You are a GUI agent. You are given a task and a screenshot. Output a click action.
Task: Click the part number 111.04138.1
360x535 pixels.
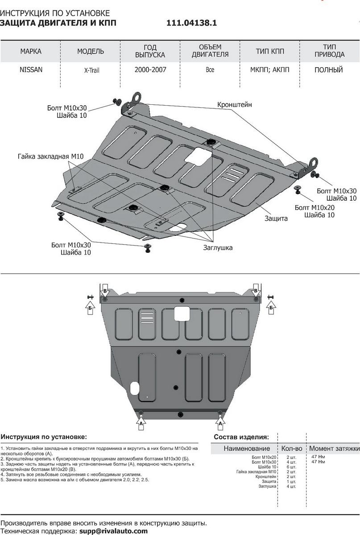192,23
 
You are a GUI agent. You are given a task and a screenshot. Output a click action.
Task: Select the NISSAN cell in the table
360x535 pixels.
31,70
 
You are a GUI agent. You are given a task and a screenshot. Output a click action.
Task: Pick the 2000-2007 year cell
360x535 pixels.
150,70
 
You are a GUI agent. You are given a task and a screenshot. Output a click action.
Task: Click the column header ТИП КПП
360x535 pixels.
270,51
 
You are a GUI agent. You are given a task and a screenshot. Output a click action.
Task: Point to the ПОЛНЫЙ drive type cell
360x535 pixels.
328,70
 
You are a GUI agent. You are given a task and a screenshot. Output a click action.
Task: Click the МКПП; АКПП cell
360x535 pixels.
270,70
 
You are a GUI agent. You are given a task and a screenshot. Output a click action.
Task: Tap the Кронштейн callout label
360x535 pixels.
235,104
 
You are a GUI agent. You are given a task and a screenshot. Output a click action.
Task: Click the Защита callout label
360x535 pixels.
276,218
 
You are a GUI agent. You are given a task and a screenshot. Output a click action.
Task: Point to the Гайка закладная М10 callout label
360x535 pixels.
50,156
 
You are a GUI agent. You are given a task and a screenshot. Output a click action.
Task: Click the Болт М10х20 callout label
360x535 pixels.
314,207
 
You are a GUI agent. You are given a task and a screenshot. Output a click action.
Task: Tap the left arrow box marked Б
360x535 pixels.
90,307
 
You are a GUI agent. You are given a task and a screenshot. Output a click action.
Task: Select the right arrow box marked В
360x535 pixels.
256,291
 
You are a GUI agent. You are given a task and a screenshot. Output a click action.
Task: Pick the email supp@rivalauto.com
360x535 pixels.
113,531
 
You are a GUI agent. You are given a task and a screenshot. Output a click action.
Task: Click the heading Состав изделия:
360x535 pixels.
241,437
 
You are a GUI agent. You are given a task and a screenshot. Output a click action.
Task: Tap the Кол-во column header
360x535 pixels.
292,448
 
